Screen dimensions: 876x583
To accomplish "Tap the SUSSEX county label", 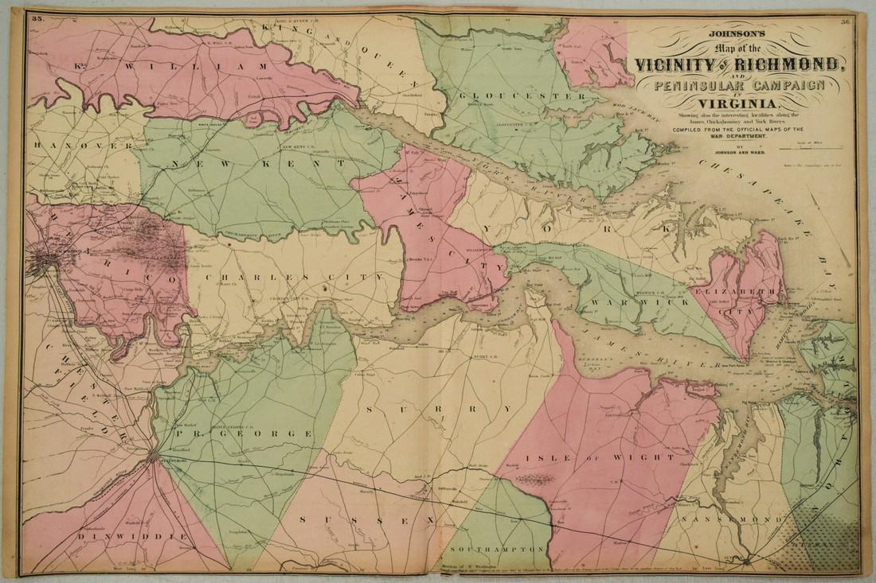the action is click(368, 518).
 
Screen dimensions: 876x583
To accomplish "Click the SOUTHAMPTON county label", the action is click(499, 550).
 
